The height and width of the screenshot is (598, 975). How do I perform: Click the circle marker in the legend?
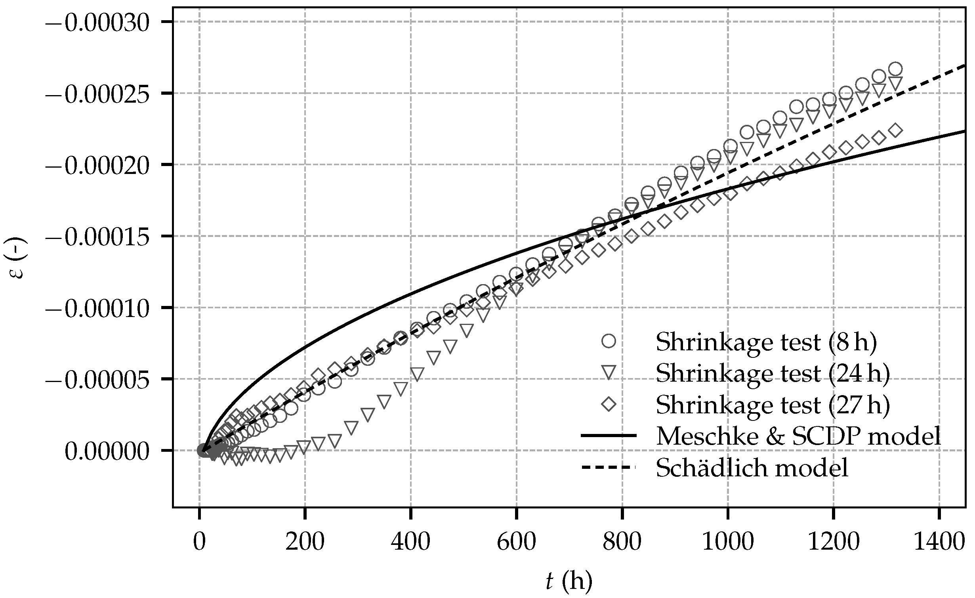tap(608, 341)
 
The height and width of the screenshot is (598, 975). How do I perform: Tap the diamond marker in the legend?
tap(608, 404)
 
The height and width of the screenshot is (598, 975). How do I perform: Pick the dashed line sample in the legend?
tap(608, 468)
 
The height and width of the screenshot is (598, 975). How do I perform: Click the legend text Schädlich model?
tap(752, 468)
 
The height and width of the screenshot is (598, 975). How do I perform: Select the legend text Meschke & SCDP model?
tap(798, 436)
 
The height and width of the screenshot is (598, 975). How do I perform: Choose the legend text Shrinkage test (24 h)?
tap(773, 373)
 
